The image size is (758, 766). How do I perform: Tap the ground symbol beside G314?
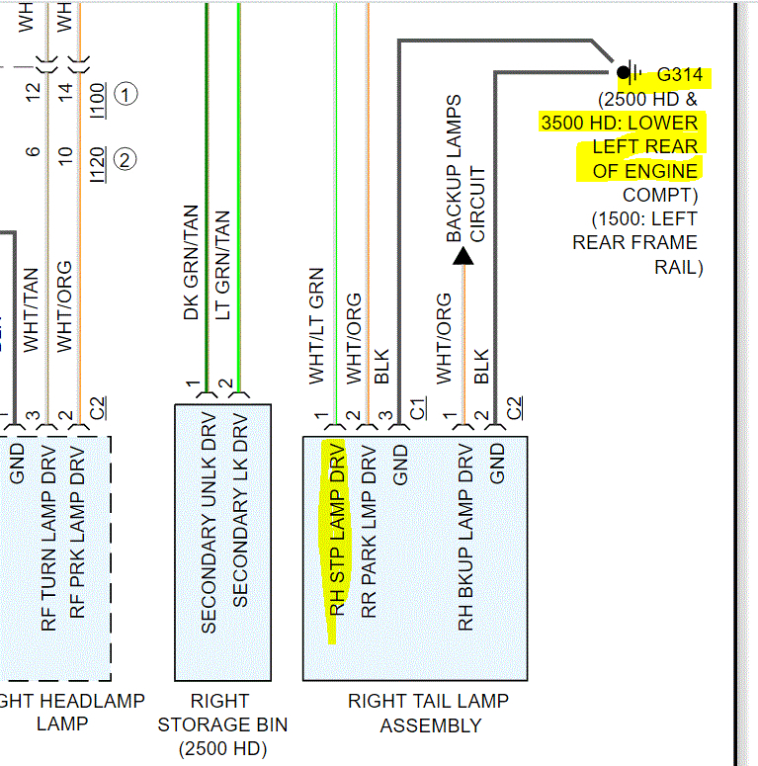tap(627, 72)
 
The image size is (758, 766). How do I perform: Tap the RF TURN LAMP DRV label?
tap(48, 543)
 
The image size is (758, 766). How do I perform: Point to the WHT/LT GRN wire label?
tap(316, 326)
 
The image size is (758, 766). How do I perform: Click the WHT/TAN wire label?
tap(32, 309)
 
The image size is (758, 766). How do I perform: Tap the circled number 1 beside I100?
tap(126, 95)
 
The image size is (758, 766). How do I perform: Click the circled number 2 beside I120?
tap(126, 158)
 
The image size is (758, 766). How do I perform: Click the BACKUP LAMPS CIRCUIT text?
tap(465, 169)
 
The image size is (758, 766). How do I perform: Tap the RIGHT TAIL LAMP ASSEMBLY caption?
tap(428, 713)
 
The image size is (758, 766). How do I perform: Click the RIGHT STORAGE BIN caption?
tap(222, 724)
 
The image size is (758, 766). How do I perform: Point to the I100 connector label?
tap(97, 98)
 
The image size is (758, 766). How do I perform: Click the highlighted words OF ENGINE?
tap(645, 170)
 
